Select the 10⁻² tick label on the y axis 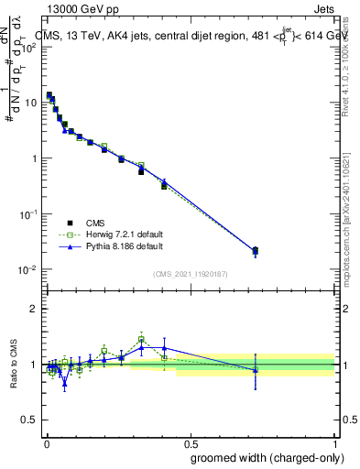point(27,270)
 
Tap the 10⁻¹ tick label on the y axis point(27,214)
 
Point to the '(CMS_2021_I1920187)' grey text point(190,274)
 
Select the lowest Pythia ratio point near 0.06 point(65,384)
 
